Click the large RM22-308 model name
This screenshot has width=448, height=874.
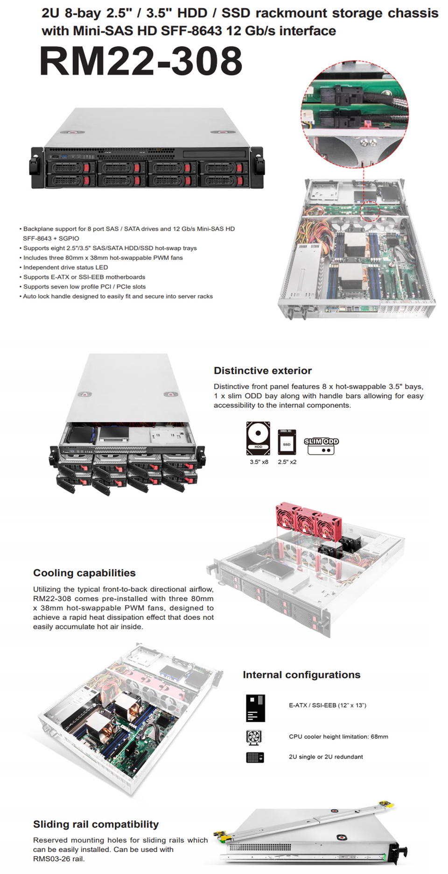pyautogui.click(x=141, y=61)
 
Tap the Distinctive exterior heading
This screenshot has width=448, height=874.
pyautogui.click(x=262, y=370)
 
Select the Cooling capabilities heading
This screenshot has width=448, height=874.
pyautogui.click(x=84, y=573)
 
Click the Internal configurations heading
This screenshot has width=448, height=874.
pyautogui.click(x=301, y=675)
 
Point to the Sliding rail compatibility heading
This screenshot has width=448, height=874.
pyautogui.click(x=96, y=824)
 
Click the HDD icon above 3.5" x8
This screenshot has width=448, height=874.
pyautogui.click(x=258, y=438)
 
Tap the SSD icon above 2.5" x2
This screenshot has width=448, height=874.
pyautogui.click(x=287, y=442)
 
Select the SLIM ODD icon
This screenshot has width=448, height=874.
pyautogui.click(x=321, y=446)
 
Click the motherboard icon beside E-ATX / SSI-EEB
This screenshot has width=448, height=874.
pyautogui.click(x=255, y=708)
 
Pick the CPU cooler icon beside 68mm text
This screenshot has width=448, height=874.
pyautogui.click(x=254, y=737)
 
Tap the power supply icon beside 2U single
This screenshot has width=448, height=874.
pyautogui.click(x=255, y=757)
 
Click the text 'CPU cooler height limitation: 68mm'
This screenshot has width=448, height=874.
pyautogui.click(x=338, y=737)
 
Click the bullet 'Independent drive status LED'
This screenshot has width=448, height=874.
pyautogui.click(x=65, y=267)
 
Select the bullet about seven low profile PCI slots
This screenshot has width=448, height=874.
pyautogui.click(x=84, y=287)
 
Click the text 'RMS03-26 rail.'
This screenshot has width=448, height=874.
pyautogui.click(x=59, y=859)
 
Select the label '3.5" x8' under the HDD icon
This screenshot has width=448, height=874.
pyautogui.click(x=259, y=462)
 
